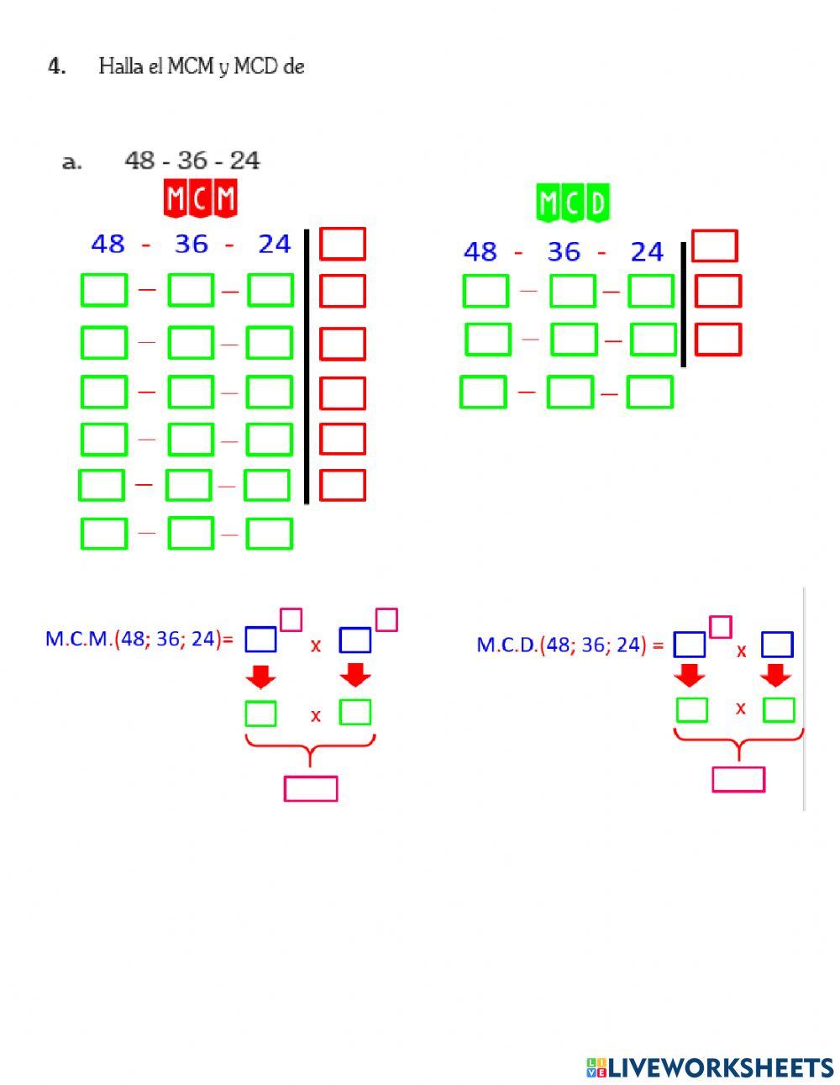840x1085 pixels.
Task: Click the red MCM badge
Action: (200, 199)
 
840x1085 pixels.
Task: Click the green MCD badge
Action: (573, 203)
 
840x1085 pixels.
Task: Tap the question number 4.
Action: (57, 66)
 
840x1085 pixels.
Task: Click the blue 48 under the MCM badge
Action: (108, 245)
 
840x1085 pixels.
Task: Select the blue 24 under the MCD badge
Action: (647, 251)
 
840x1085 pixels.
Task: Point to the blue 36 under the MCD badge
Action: (564, 251)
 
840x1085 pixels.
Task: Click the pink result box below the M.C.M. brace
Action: (311, 788)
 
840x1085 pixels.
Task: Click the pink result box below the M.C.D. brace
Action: (738, 779)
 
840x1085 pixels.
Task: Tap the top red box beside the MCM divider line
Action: (343, 244)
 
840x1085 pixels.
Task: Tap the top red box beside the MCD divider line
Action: (714, 246)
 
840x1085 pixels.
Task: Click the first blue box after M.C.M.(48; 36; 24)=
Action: (260, 640)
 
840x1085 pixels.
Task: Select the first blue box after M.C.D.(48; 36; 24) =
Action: (690, 645)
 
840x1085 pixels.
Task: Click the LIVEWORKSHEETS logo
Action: (710, 1067)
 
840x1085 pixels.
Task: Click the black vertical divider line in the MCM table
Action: (307, 366)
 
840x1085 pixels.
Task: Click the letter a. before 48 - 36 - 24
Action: (72, 161)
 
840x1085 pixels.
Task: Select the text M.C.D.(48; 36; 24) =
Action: (570, 645)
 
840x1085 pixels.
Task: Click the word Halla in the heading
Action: (116, 66)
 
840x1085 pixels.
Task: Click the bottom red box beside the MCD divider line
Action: (718, 340)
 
